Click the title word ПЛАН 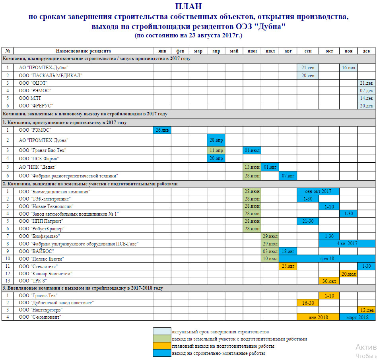(x=188, y=6)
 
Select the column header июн (x=252, y=51)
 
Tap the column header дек (x=366, y=51)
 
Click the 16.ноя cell (x=348, y=68)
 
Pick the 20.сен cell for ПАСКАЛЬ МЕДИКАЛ (x=308, y=75)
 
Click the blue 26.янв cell (x=162, y=130)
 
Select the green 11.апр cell (x=216, y=150)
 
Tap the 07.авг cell (x=288, y=175)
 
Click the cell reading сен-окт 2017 (x=318, y=191)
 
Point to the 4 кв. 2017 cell (x=347, y=243)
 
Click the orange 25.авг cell (x=288, y=266)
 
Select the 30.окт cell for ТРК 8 (x=329, y=281)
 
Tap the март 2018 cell (x=357, y=317)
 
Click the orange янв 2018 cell (x=318, y=317)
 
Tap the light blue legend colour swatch (x=162, y=332)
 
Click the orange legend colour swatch (x=162, y=346)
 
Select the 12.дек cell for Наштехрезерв (x=366, y=310)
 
